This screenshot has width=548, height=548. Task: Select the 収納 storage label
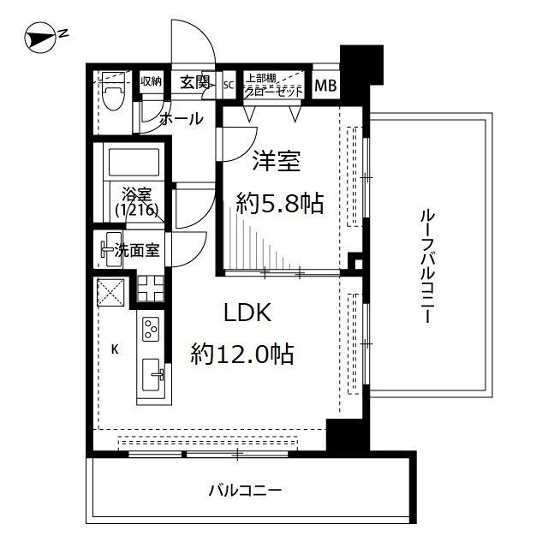151,82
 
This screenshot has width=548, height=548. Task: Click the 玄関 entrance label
195,82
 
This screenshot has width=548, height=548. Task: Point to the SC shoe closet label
229,84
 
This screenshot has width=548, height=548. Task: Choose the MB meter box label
325,84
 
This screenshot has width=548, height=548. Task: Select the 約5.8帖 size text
280,203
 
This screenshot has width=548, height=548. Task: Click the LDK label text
247,313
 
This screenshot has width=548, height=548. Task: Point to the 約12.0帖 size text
243,352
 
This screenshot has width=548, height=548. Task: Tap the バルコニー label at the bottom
246,491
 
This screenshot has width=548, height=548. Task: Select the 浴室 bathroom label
135,193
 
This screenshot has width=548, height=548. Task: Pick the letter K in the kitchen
114,348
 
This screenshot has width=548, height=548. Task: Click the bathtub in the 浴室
131,163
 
